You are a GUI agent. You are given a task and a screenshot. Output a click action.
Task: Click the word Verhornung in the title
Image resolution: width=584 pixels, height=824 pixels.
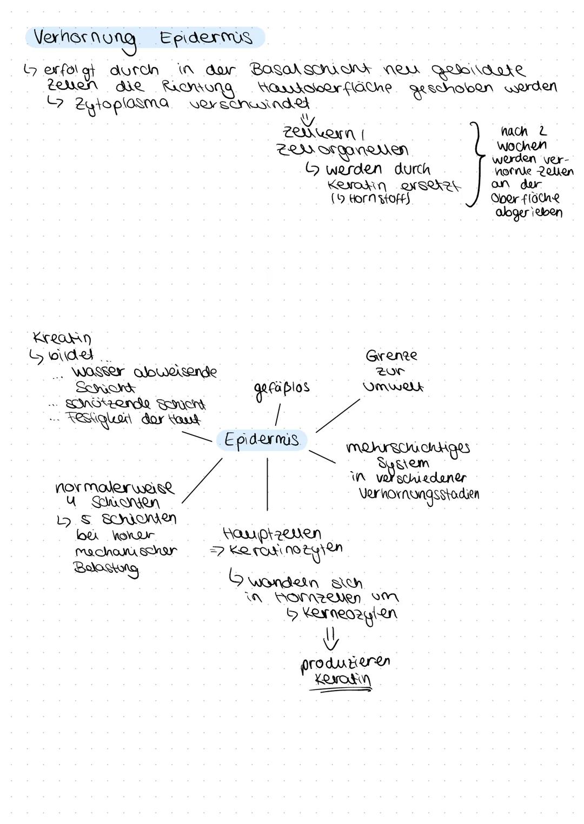84,39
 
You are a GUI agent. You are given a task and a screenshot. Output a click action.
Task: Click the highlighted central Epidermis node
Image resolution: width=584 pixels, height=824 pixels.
261,440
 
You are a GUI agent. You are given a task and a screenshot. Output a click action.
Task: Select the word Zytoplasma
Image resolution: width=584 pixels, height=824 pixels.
121,104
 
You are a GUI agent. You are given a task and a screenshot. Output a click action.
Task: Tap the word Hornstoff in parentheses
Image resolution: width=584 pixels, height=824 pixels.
374,199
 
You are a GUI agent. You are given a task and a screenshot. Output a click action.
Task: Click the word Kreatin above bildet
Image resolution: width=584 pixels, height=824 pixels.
62,338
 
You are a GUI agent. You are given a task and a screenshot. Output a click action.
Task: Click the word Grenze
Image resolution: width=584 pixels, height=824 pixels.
391,356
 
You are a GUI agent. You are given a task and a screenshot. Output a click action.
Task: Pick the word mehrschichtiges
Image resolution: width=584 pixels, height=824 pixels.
408,448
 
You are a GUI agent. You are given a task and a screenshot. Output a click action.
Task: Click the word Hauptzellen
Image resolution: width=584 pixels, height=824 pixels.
271,534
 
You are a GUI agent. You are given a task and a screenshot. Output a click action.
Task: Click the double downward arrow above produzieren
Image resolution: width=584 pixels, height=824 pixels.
331,639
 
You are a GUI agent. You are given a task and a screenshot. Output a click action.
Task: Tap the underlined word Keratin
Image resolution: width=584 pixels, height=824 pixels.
342,680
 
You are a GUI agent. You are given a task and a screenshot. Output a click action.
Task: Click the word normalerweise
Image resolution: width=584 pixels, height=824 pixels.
115,487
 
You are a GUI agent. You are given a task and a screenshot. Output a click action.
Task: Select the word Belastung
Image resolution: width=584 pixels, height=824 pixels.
106,568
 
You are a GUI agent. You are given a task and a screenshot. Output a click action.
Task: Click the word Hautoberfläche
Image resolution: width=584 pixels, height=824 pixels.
325,87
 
